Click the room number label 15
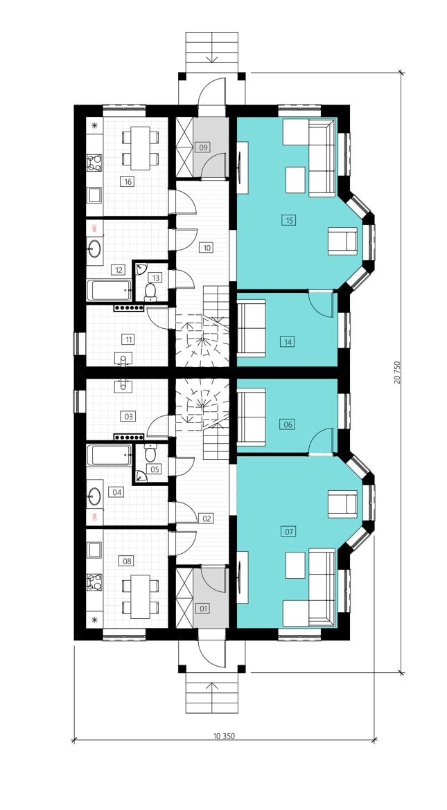tap(289, 220)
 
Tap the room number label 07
tap(289, 530)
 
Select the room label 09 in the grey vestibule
tap(204, 147)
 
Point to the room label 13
tap(156, 278)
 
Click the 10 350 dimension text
tap(223, 736)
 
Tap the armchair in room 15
tap(342, 241)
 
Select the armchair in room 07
tap(342, 504)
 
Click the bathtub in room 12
tap(109, 290)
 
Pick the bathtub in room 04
tap(109, 455)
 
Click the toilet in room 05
tap(150, 453)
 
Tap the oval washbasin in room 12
tap(95, 249)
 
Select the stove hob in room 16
tap(94, 162)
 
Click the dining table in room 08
tap(140, 597)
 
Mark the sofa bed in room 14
tap(252, 328)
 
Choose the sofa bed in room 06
tap(252, 417)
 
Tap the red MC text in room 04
tap(95, 516)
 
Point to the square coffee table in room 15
tap(295, 180)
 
